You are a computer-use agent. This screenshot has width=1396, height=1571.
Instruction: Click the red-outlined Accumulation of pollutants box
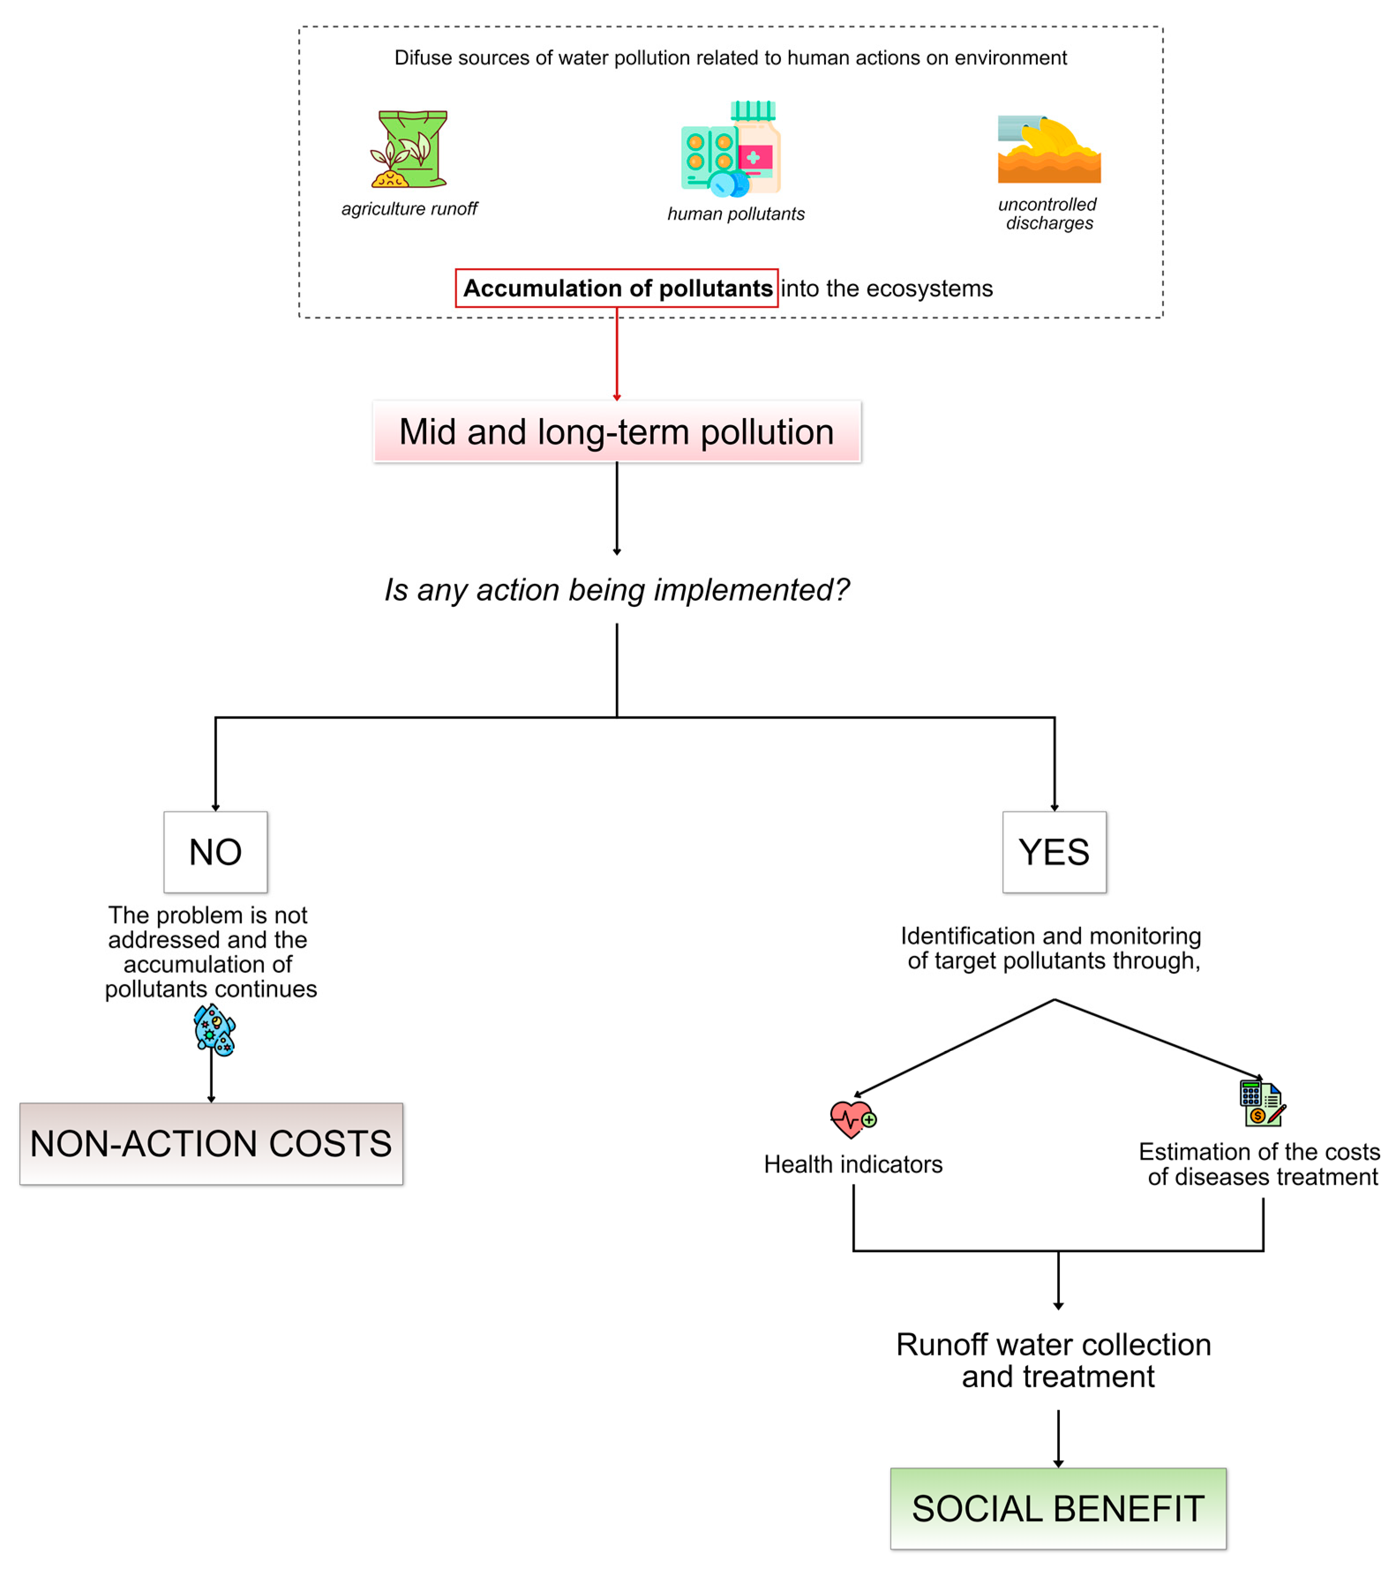pos(616,288)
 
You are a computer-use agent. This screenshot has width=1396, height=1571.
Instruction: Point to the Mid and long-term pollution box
pos(616,432)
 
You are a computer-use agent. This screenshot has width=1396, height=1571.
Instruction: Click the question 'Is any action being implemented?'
pos(616,590)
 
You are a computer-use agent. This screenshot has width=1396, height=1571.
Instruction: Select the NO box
pos(215,852)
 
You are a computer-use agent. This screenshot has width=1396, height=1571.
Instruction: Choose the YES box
pos(1054,852)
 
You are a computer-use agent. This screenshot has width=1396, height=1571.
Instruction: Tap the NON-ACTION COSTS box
pos(211,1144)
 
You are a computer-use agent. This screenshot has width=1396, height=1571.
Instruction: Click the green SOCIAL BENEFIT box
pos(1058,1508)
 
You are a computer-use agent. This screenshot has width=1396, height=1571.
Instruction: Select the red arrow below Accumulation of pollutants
pos(616,354)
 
